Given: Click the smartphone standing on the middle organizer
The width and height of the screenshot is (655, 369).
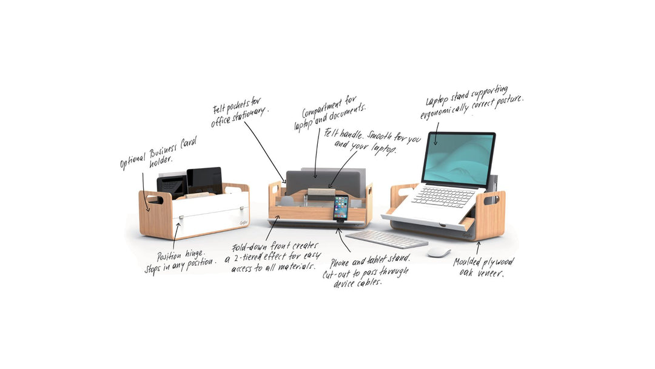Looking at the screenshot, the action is [x=341, y=208].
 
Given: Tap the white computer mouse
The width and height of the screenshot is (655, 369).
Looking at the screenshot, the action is [x=439, y=252].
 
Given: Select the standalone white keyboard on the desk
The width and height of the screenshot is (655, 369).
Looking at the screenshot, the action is [x=387, y=239].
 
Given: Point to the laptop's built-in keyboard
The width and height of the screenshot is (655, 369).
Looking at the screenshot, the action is [x=443, y=197].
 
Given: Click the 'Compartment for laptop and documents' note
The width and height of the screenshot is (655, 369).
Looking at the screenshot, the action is [x=329, y=113].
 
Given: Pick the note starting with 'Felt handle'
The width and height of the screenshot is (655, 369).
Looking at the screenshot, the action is [x=372, y=141].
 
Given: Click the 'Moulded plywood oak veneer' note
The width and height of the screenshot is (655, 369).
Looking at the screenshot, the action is [x=484, y=267].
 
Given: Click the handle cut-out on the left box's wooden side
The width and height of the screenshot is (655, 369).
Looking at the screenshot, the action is [x=153, y=199].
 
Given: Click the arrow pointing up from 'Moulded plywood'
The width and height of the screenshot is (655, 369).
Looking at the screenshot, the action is [x=478, y=248].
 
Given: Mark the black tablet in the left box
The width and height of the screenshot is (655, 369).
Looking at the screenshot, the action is [x=204, y=180].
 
